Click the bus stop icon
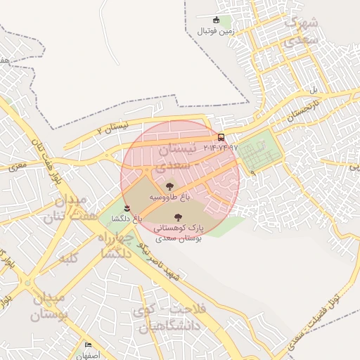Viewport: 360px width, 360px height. pyautogui.click(x=221, y=137)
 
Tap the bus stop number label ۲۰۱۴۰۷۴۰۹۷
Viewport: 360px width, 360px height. pyautogui.click(x=221, y=148)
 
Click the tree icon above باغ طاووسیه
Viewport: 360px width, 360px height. pyautogui.click(x=169, y=186)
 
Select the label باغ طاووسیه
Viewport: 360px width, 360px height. pyautogui.click(x=169, y=198)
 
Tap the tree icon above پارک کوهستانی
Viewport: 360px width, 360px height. pyautogui.click(x=177, y=217)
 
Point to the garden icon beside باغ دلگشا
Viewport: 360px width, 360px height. pyautogui.click(x=127, y=207)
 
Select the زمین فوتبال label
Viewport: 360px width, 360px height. pyautogui.click(x=215, y=31)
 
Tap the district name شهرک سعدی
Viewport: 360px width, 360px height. pyautogui.click(x=301, y=32)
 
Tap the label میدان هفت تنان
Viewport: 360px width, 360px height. pyautogui.click(x=66, y=208)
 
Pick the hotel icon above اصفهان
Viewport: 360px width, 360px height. pyautogui.click(x=89, y=345)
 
